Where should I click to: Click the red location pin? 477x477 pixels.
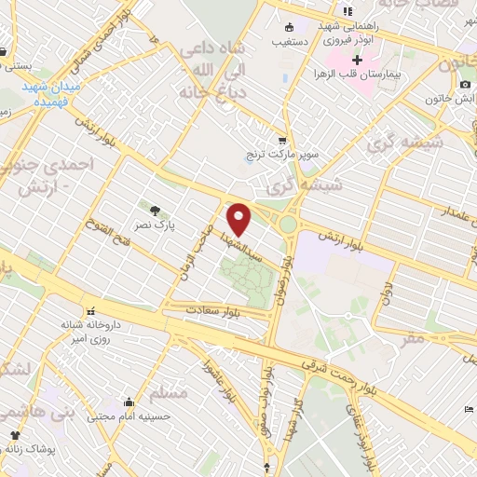[x=239, y=218]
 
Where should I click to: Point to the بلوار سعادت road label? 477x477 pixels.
[x=213, y=308]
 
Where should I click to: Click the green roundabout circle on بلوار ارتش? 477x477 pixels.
[x=289, y=224]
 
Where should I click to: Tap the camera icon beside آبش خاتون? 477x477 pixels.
[x=465, y=85]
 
